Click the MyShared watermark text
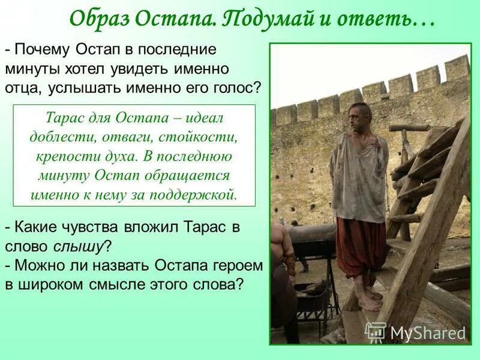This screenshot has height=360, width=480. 428,333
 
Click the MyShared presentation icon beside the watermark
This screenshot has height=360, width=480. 376,332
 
